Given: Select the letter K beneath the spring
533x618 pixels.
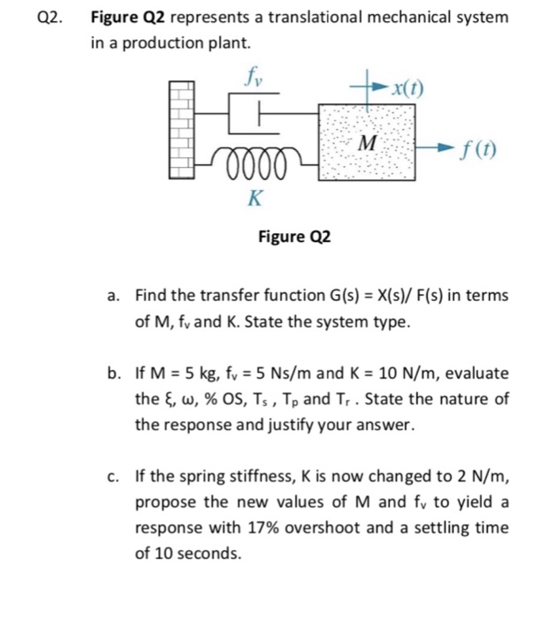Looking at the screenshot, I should click(254, 198).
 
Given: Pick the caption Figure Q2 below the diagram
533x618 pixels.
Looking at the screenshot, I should click(293, 237).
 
